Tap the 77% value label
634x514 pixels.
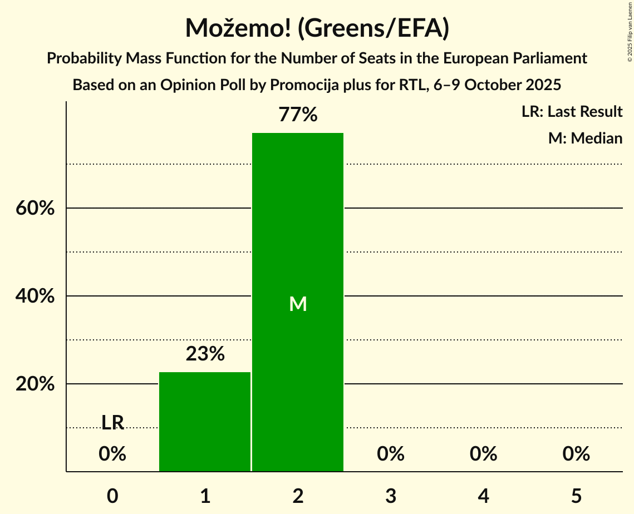pos(298,115)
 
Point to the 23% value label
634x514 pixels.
pos(205,354)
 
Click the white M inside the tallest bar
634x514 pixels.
pos(298,304)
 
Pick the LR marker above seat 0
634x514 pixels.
pos(112,423)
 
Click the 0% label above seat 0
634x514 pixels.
pos(112,454)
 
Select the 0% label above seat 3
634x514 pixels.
pos(390,454)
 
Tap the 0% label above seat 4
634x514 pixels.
pos(483,454)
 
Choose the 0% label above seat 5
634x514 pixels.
pos(576,454)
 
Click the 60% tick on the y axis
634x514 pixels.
pos(35,209)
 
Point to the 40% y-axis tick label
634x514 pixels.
pos(35,296)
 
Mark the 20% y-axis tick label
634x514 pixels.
pos(35,384)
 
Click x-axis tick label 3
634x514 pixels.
pos(390,496)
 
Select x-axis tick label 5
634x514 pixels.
pos(576,496)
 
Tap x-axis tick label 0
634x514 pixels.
pos(112,496)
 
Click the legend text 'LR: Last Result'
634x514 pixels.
pos(572,112)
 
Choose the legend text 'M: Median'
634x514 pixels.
pos(585,138)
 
